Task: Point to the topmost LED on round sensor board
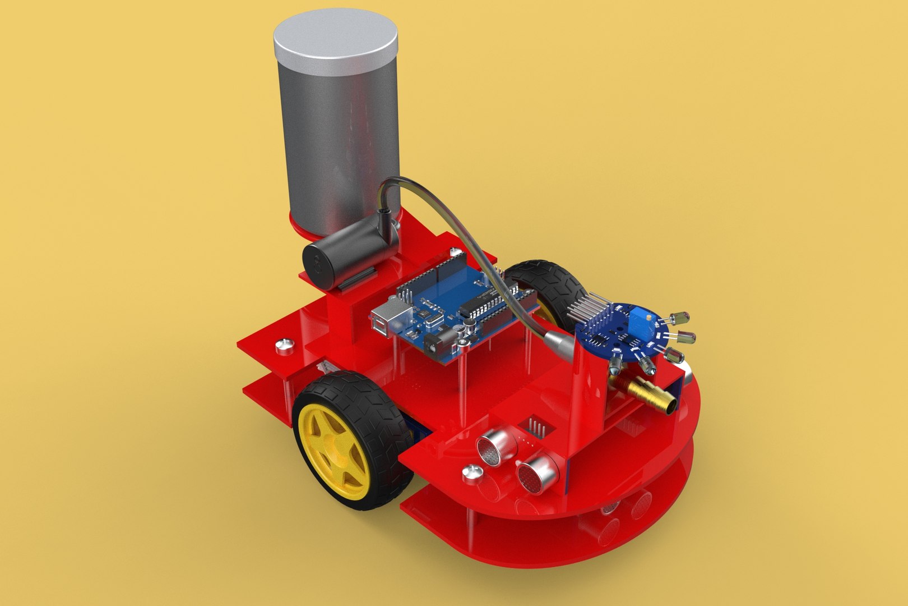(x=684, y=319)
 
